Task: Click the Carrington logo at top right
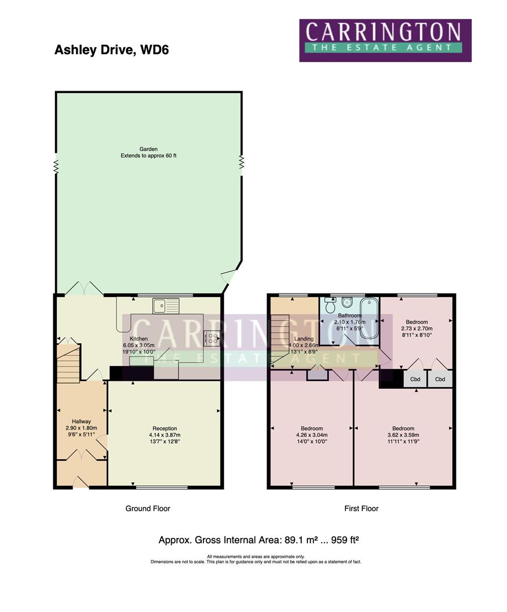385,40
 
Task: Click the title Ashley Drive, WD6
111,50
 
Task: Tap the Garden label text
148,149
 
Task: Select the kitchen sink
165,307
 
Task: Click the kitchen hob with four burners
213,338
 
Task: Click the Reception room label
164,428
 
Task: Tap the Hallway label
82,421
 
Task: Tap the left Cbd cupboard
415,379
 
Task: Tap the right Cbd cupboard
440,379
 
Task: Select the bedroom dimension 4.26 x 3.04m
311,435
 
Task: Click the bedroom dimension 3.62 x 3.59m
403,435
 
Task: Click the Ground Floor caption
147,508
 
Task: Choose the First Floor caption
361,508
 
